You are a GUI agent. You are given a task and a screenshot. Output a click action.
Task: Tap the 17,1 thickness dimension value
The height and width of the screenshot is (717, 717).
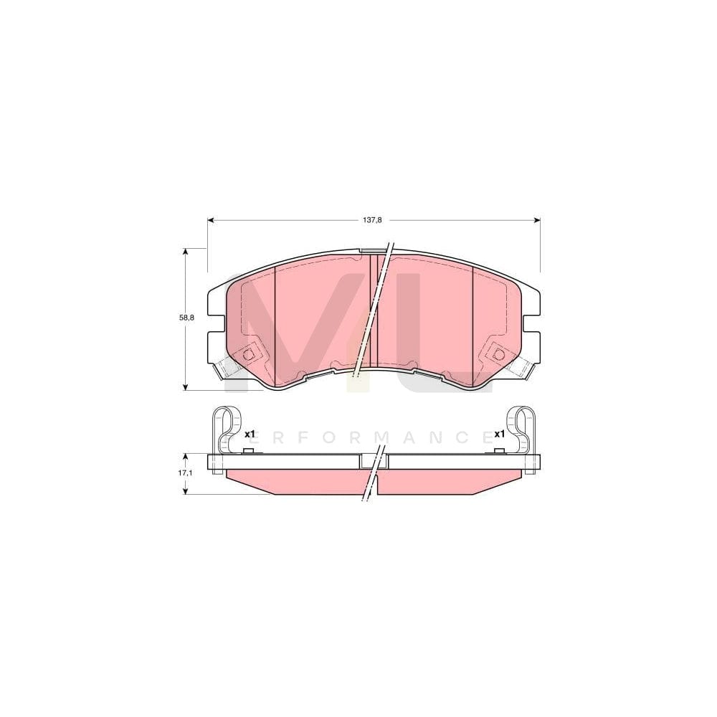coord(186,474)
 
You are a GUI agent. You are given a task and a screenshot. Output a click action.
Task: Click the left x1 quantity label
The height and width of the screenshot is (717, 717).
coord(250,435)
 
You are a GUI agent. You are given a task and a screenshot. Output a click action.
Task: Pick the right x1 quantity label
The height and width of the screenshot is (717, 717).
coord(500,435)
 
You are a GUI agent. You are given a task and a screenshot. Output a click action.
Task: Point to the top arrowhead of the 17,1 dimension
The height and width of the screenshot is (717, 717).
coord(186,457)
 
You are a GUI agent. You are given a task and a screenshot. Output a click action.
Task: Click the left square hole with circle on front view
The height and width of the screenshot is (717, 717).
coord(250,354)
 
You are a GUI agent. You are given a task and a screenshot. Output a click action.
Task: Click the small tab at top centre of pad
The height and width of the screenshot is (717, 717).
coord(373,250)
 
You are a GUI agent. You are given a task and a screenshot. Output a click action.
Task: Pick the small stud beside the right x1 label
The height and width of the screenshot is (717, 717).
coord(498,451)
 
